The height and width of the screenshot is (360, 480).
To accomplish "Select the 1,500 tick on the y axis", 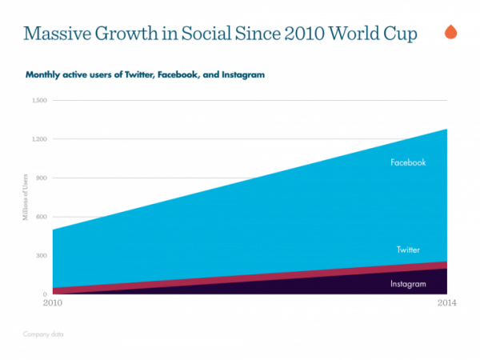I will coord(40,101).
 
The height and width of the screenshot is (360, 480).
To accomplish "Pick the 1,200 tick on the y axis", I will coord(40,139).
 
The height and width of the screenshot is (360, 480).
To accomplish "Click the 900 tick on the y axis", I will coord(42,178).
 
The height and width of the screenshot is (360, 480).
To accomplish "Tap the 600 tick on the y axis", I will coord(42,217).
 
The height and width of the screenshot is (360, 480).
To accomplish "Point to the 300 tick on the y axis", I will coord(42,256).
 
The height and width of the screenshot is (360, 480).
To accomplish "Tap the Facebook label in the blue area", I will coord(408,162).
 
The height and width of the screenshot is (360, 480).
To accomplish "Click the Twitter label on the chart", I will coord(408,250).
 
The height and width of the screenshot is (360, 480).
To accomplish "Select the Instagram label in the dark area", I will coord(407,284).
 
